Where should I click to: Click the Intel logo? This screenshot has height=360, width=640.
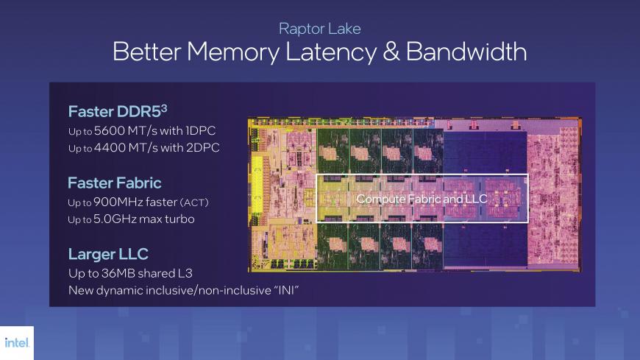(x=17, y=342)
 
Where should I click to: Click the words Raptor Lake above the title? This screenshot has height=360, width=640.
(x=319, y=29)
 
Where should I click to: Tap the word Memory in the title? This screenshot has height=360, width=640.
(x=233, y=52)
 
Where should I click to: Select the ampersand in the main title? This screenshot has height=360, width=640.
(x=391, y=52)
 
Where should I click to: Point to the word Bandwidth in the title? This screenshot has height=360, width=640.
(x=466, y=52)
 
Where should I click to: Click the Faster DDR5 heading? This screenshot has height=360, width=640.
(x=118, y=111)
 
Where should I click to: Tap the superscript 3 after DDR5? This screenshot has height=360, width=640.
(x=163, y=108)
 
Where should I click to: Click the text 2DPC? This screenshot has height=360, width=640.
(x=202, y=147)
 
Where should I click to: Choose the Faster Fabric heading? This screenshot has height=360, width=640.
(x=115, y=183)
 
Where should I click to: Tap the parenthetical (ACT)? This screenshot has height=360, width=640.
(x=194, y=202)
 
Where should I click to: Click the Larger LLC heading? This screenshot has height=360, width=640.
(x=108, y=254)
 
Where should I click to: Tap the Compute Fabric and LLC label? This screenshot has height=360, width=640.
(x=422, y=199)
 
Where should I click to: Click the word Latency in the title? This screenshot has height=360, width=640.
(x=331, y=52)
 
